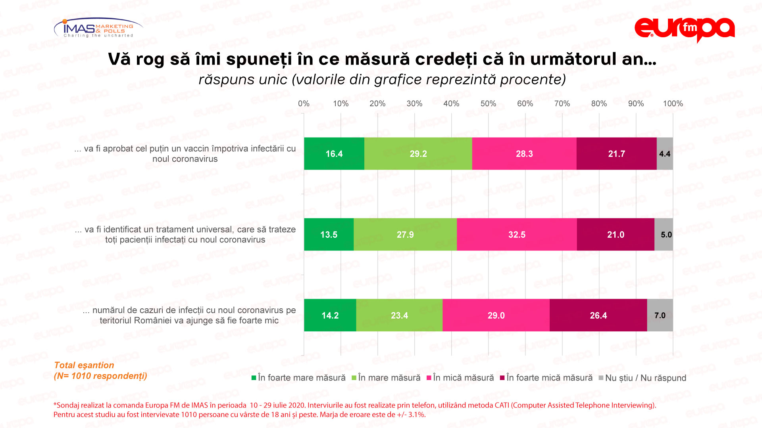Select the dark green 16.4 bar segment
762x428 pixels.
334,154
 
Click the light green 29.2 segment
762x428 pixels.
418,154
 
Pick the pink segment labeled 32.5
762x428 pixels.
516,235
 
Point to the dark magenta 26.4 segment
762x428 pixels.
598,315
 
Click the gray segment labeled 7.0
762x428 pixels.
660,315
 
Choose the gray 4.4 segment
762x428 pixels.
665,154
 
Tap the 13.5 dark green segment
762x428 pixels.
329,235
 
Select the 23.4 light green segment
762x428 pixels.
399,315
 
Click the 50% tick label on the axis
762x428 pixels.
488,104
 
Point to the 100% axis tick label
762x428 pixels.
673,104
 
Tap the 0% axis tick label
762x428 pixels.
304,104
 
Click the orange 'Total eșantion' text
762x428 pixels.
84,365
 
